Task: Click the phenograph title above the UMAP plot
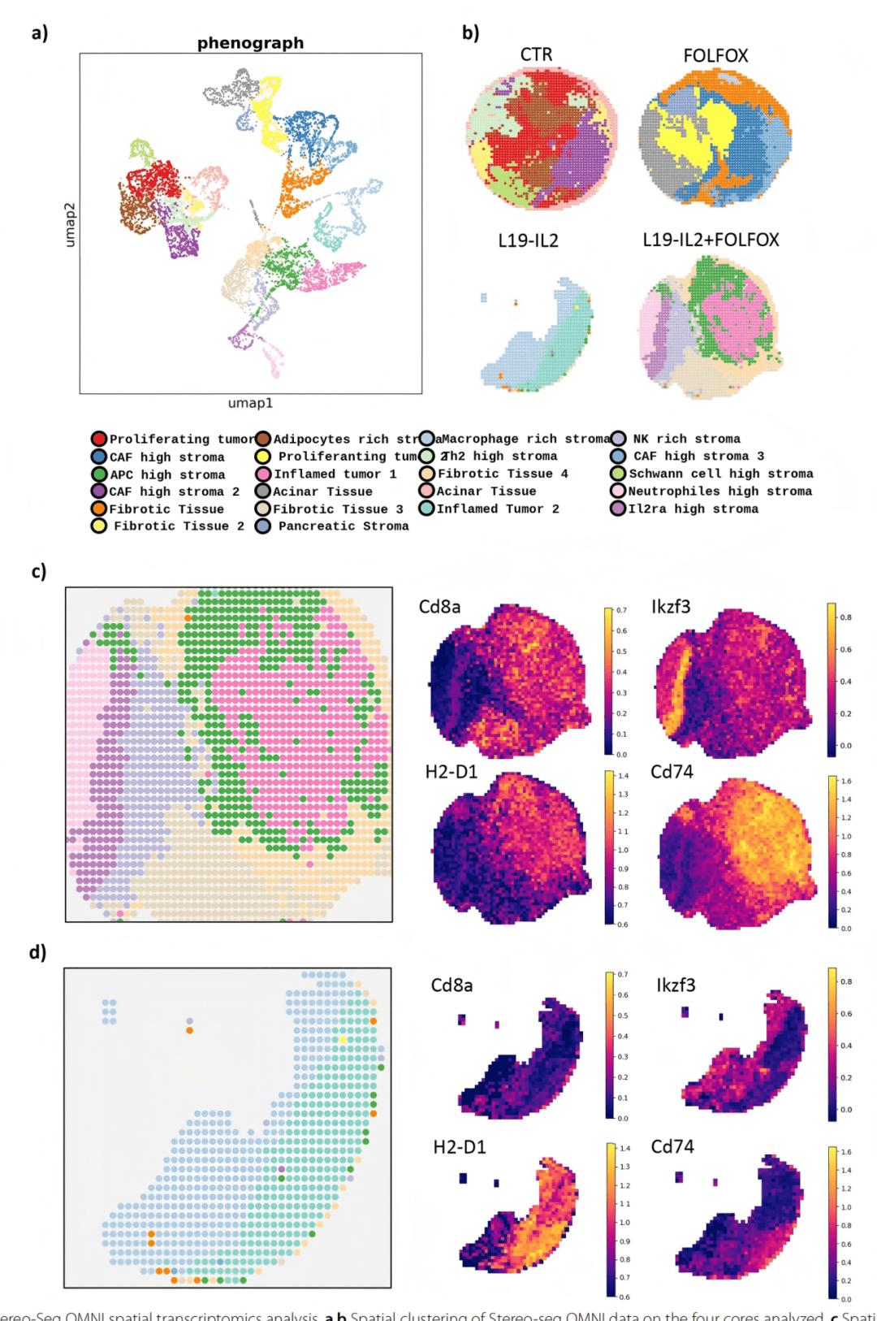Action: coord(250,43)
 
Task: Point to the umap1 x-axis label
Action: coord(250,403)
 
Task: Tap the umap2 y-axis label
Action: coord(70,225)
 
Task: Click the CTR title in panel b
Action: coord(536,54)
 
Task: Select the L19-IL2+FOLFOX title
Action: coord(711,240)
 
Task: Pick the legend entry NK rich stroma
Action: coord(686,439)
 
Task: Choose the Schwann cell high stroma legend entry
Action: coord(720,474)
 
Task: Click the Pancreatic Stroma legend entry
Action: coord(343,526)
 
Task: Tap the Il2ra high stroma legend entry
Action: coord(693,509)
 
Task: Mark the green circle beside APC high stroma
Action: coord(99,474)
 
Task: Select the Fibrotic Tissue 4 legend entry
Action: coord(502,474)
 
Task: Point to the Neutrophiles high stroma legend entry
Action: coord(719,491)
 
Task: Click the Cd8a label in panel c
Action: coord(439,607)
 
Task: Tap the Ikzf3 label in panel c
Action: coord(671,607)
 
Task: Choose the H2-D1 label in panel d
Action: coord(459,1147)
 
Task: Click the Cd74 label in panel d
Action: coord(672,1146)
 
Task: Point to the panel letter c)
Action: coord(39,571)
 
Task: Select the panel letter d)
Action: coord(38,951)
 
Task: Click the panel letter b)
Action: coord(470,32)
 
